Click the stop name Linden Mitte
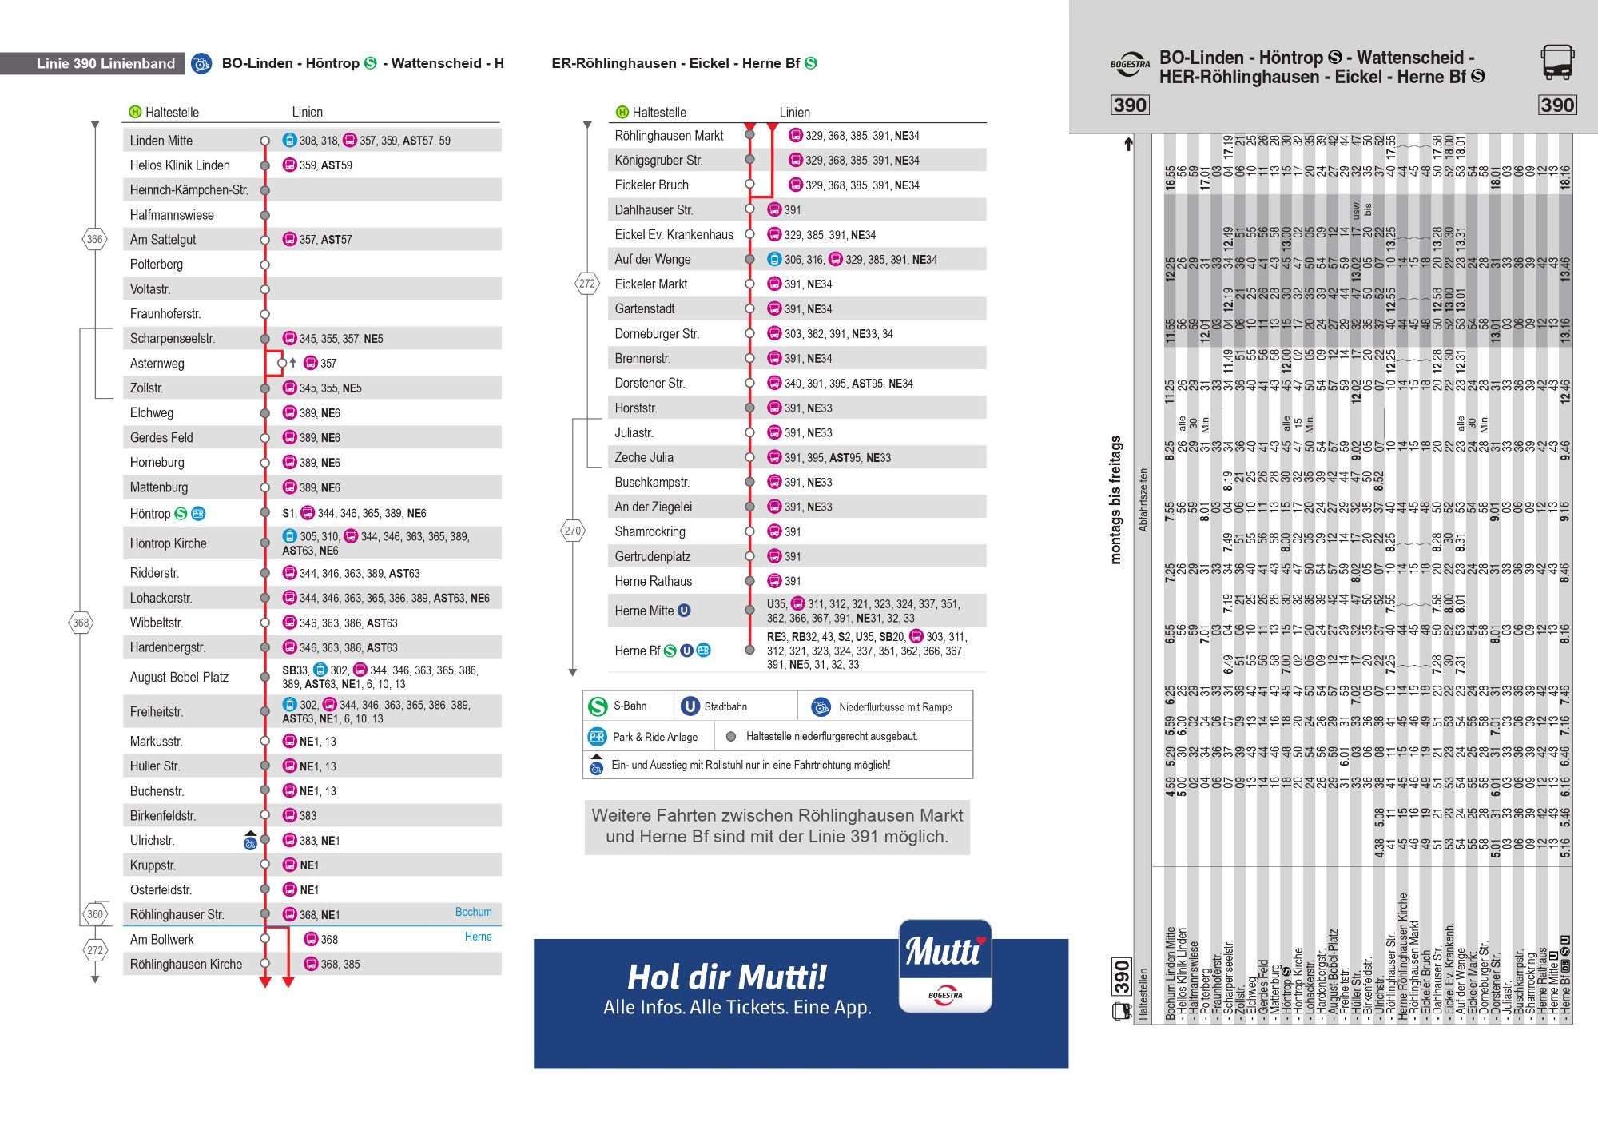click(x=161, y=141)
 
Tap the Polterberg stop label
click(x=157, y=265)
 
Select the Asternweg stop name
click(x=157, y=364)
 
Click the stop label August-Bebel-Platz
click(x=179, y=678)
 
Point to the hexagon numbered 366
click(x=95, y=239)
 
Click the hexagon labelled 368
click(x=81, y=623)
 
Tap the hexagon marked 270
click(x=573, y=531)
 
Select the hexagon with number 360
click(x=95, y=914)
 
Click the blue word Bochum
click(x=474, y=912)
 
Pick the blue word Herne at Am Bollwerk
click(x=478, y=937)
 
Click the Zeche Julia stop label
click(x=644, y=458)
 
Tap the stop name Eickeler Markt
click(x=651, y=284)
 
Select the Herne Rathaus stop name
click(x=654, y=582)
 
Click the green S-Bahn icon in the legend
click(x=598, y=706)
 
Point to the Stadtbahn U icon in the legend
click(x=690, y=706)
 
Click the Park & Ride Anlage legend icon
click(x=597, y=737)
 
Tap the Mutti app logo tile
click(x=945, y=965)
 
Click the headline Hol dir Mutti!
click(x=726, y=977)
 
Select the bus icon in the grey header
click(x=1557, y=62)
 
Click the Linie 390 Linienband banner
click(x=105, y=64)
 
